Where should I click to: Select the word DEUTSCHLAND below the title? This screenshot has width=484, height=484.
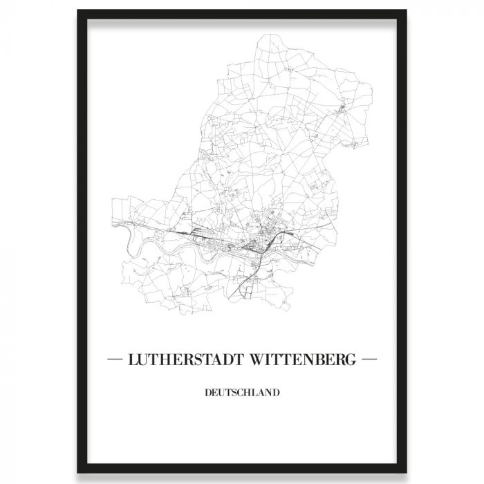[242, 393]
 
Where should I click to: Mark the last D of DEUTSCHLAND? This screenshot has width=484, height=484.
[276, 393]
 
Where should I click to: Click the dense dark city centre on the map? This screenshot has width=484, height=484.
[261, 239]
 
